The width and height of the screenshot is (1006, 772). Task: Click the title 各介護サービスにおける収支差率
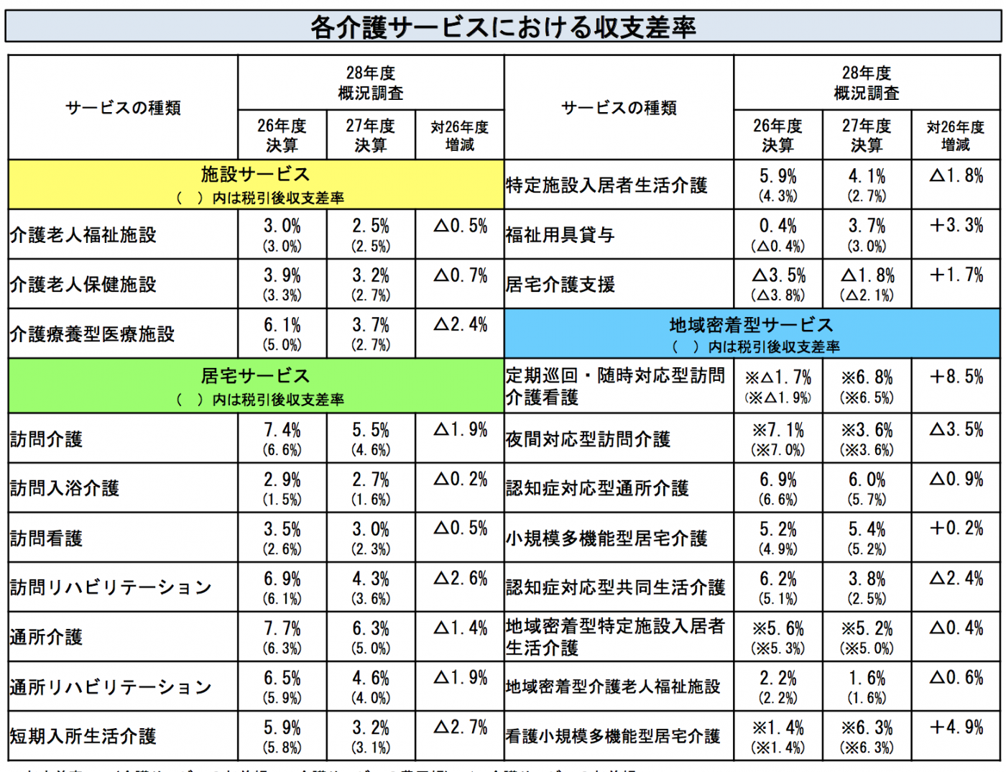click(502, 27)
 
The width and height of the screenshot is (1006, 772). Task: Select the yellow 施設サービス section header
click(256, 185)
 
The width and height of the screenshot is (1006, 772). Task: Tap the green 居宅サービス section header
click(256, 386)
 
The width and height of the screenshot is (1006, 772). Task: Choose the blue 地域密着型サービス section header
click(752, 334)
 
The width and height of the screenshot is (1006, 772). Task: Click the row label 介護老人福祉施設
click(83, 235)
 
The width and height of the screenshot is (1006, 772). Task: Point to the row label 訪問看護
click(47, 538)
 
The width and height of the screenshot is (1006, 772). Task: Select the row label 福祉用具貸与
click(560, 235)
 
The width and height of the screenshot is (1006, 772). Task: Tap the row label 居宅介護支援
click(560, 285)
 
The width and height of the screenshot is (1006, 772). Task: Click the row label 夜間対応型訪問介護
click(588, 439)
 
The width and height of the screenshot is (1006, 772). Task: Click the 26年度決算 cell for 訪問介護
click(282, 438)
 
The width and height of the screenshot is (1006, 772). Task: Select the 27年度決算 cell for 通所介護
click(371, 637)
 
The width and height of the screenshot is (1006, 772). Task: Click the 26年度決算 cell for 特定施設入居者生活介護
click(778, 185)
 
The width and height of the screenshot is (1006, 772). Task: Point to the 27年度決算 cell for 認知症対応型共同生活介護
click(867, 587)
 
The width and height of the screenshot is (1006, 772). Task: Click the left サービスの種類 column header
click(123, 108)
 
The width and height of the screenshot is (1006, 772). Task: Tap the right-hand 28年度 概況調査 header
click(867, 83)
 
